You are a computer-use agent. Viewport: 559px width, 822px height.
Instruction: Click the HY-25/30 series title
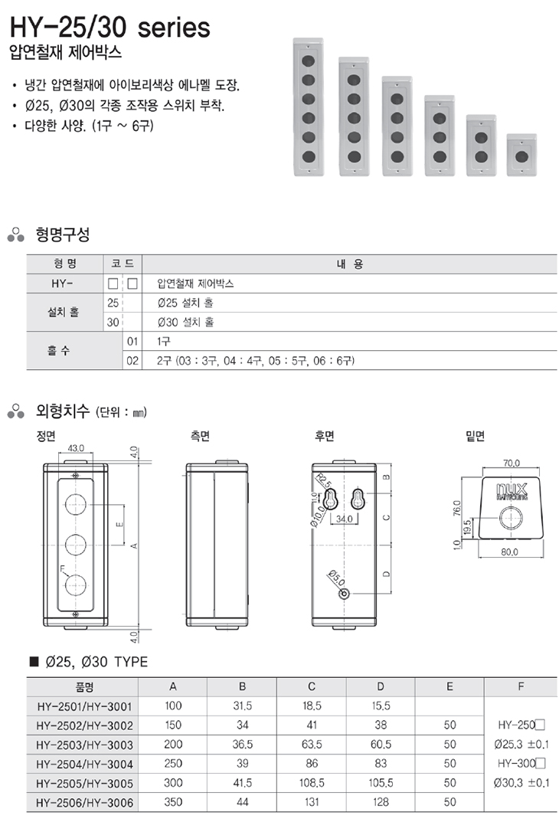tap(108, 28)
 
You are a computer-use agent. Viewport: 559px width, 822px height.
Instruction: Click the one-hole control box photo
tap(521, 154)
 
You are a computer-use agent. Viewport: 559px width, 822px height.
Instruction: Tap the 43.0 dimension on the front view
tap(76, 448)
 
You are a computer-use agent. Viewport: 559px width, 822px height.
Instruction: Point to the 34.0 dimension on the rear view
tap(344, 519)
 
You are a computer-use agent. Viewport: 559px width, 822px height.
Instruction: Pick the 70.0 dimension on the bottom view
tap(512, 463)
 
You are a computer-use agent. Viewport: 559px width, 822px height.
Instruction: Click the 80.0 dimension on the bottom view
tap(511, 552)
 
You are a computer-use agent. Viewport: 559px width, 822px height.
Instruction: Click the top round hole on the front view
tap(76, 503)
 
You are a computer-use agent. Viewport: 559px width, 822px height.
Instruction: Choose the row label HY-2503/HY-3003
tap(84, 744)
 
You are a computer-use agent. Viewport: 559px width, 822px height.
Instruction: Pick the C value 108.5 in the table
tap(311, 782)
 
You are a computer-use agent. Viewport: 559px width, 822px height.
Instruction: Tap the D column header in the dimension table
tap(381, 686)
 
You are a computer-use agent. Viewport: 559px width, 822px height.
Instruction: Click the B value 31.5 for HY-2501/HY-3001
tap(242, 706)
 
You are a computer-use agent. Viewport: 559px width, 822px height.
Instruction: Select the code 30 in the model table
tap(113, 322)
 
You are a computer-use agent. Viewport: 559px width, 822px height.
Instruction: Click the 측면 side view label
tap(200, 436)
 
